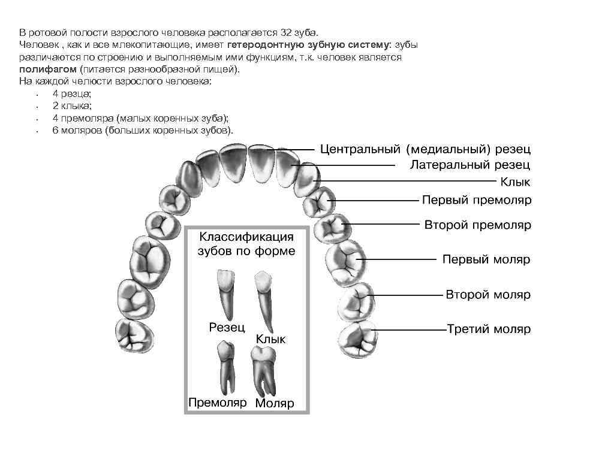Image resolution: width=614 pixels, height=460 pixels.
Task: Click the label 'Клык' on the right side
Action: click(515, 181)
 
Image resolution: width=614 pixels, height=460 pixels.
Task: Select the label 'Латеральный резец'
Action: click(469, 165)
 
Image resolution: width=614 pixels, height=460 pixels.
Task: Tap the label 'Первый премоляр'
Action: click(477, 199)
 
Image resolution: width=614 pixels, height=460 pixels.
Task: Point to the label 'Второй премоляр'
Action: click(478, 225)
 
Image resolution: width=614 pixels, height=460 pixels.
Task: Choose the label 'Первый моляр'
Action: click(486, 260)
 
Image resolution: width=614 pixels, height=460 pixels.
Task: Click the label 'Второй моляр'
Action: click(487, 295)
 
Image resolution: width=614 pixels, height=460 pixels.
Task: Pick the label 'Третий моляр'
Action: click(489, 329)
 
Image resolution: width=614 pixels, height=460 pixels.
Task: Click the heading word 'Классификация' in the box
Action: click(246, 237)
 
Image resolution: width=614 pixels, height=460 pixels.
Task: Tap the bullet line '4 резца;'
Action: click(72, 93)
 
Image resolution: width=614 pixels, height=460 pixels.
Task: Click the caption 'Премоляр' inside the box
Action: click(217, 402)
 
